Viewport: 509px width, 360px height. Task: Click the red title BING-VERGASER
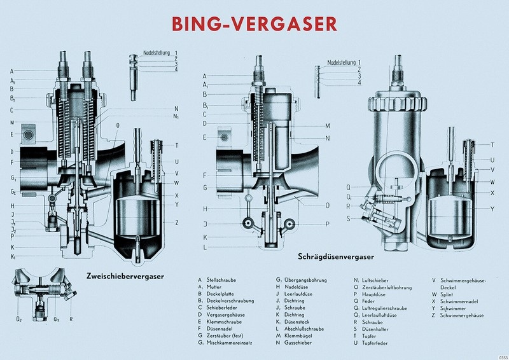[254, 24]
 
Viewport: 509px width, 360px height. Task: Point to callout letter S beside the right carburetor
[349, 218]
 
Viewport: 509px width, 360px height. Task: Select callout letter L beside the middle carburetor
[205, 247]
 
